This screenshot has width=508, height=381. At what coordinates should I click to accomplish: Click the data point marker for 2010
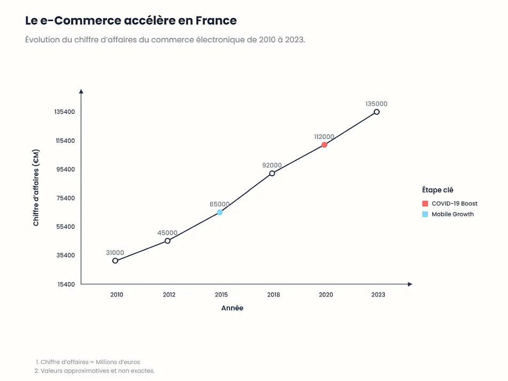tap(115, 261)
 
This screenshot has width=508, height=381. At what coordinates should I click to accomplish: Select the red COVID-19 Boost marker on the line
tap(324, 145)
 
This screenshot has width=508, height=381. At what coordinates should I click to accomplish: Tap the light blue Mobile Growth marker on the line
tap(220, 212)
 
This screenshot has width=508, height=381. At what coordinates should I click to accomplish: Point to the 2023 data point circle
tap(376, 112)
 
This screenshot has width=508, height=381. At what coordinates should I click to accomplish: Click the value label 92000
tap(272, 166)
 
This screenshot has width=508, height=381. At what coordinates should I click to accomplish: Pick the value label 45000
tap(167, 233)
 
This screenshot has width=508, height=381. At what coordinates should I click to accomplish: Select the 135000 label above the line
tap(376, 104)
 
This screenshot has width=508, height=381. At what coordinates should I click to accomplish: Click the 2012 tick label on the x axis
tap(169, 295)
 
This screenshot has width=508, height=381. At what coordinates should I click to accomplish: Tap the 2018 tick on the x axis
tap(273, 295)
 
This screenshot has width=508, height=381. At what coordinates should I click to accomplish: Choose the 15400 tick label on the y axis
tap(66, 284)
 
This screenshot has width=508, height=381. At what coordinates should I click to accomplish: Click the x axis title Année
tap(232, 308)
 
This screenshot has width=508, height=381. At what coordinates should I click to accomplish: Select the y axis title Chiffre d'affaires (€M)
tap(36, 188)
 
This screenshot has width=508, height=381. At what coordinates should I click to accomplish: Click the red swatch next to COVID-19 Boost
tap(425, 204)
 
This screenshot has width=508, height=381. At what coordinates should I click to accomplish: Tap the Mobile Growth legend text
tap(452, 214)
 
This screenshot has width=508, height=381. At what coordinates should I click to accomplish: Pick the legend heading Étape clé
tap(438, 190)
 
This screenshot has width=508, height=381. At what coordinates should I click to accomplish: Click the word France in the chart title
tap(216, 21)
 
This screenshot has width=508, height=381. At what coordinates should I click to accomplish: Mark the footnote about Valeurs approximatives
tap(95, 371)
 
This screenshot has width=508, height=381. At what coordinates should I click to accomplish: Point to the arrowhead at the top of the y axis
tap(81, 91)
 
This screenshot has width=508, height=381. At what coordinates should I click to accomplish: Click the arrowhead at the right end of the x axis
tap(410, 284)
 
